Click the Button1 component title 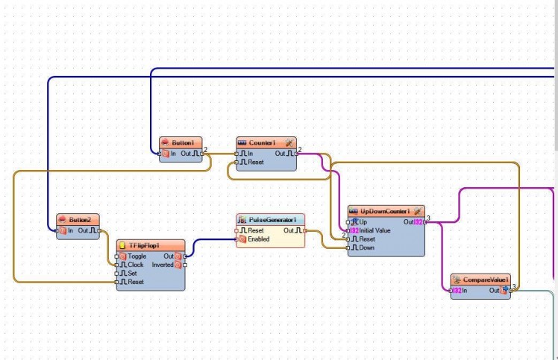click(182, 142)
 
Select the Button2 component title click(79, 220)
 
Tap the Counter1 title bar click(262, 142)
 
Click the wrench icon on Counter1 click(289, 142)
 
